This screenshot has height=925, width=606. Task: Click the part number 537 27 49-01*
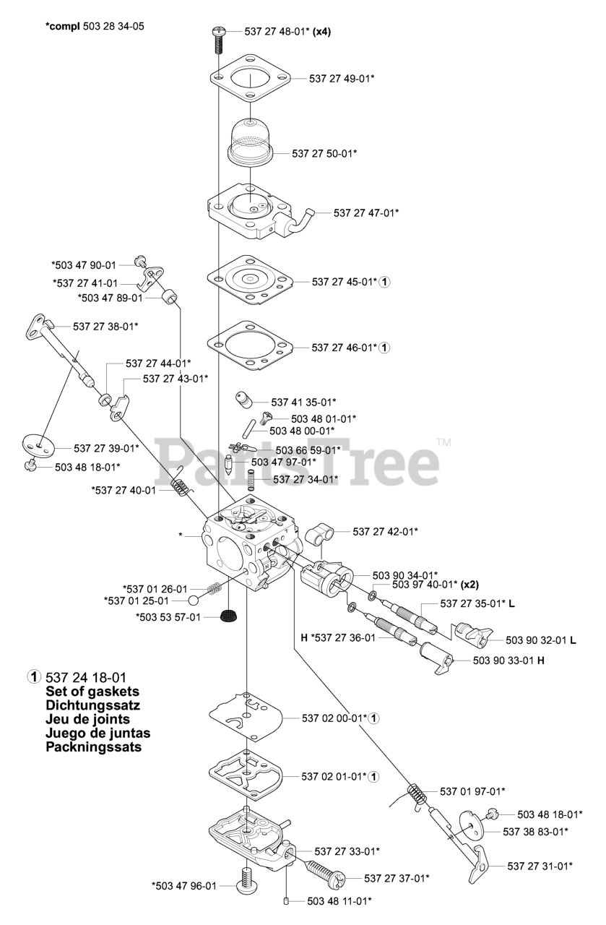click(342, 77)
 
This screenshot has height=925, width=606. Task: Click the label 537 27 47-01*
click(366, 212)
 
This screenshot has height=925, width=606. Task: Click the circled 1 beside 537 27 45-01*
click(385, 281)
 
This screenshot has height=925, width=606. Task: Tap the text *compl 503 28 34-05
click(94, 27)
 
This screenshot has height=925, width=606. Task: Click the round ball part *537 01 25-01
click(194, 601)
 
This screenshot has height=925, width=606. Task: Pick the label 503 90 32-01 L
click(541, 640)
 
